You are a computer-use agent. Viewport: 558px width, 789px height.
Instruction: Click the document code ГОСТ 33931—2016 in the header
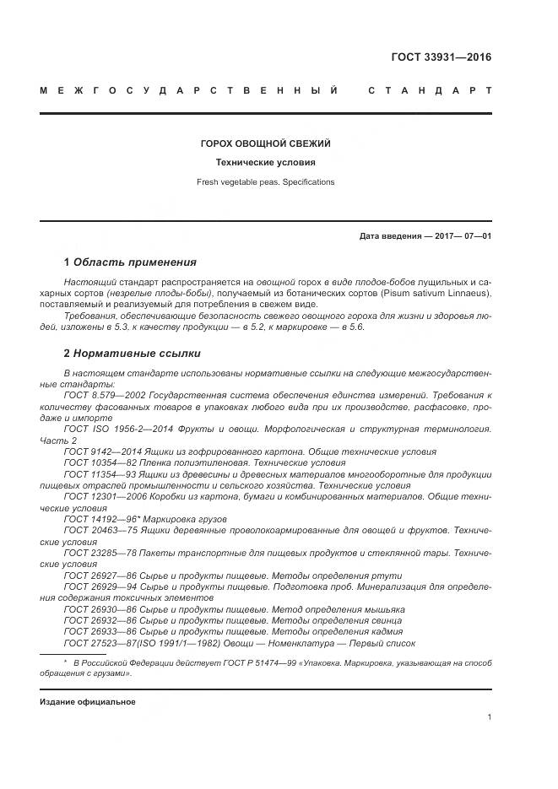441,57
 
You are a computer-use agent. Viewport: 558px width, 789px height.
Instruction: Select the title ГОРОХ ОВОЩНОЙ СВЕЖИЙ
265,144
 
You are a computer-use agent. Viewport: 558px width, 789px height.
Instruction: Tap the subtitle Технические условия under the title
265,163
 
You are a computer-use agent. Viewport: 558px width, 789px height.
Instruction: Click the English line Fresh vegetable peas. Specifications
265,181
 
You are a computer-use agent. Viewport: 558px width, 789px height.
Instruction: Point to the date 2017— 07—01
463,235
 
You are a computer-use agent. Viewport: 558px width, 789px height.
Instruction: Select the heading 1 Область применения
130,262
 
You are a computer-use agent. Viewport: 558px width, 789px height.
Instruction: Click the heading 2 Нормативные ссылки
133,353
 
